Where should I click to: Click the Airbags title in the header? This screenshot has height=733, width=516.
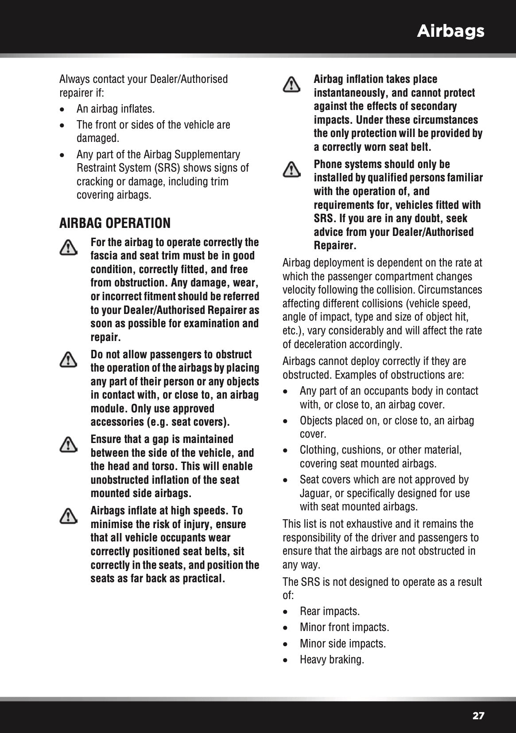[450, 31]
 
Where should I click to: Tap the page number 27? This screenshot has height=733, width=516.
[478, 716]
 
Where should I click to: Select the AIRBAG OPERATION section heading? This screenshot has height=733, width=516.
[115, 223]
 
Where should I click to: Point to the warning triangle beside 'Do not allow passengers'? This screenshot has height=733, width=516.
[68, 360]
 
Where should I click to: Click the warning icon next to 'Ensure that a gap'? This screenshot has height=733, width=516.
[68, 444]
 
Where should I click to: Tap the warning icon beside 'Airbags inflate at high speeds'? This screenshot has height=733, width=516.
[68, 516]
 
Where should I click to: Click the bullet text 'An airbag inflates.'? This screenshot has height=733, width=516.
[115, 109]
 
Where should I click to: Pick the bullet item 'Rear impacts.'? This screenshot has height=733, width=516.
[330, 611]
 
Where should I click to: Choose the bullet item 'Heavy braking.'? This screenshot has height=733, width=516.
[332, 659]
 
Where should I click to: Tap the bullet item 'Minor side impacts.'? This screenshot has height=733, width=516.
[342, 643]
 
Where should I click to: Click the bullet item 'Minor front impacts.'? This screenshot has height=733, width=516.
[344, 627]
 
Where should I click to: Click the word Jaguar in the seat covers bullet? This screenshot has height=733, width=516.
[314, 493]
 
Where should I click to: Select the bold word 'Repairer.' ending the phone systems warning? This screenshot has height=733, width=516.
[335, 245]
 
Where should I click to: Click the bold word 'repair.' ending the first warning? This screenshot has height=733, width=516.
[105, 337]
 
